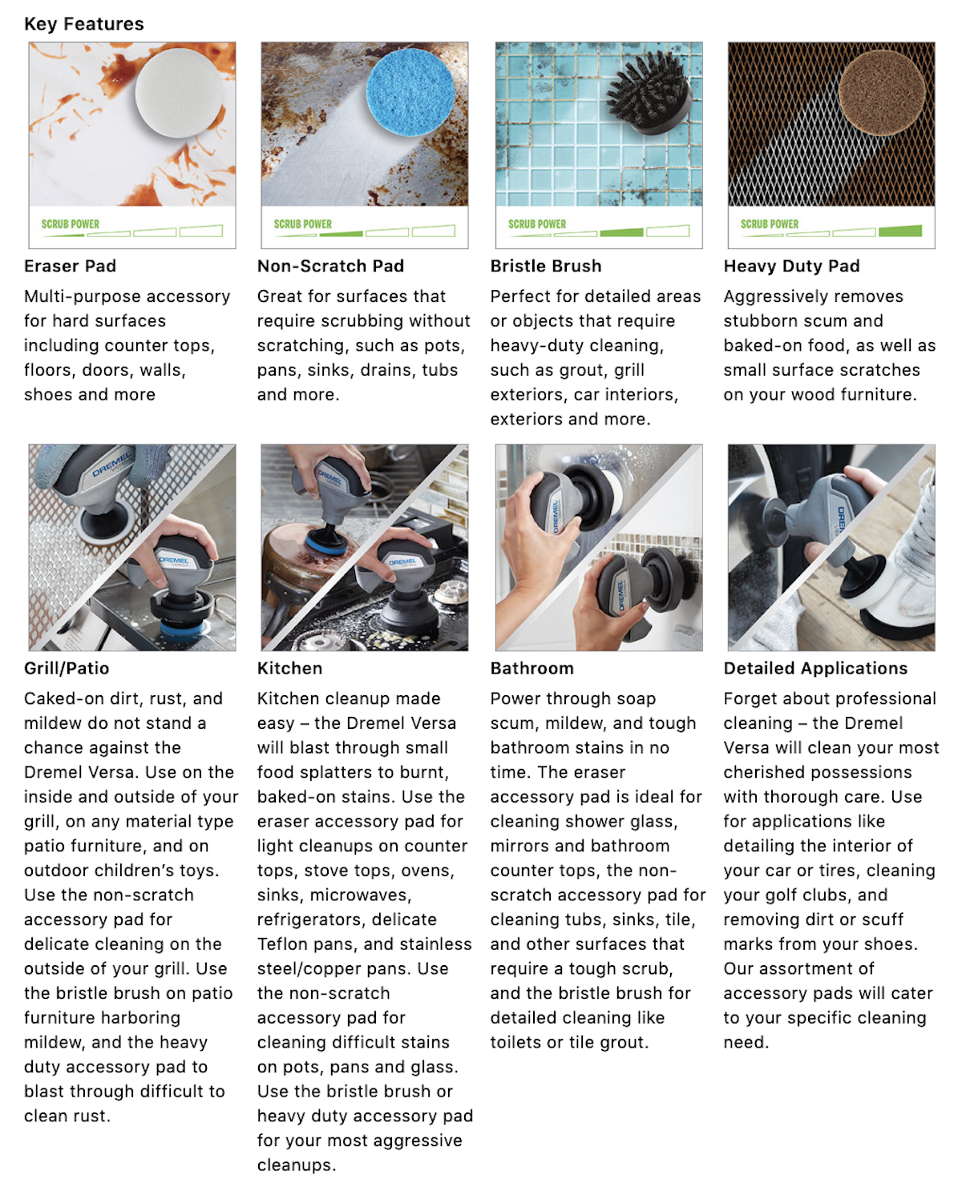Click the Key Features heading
point(84,24)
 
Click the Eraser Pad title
point(70,266)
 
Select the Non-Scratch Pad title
point(330,266)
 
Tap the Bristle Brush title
point(545,266)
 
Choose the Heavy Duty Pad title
point(791,266)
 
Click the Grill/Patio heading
point(67,668)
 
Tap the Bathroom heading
point(532,668)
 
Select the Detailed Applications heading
point(815,668)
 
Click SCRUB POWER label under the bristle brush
point(536,224)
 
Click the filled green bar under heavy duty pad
point(899,231)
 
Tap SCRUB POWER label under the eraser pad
point(71,224)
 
